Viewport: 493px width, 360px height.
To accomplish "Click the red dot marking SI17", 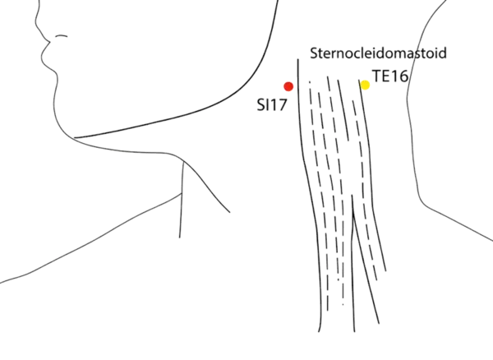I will point(288,85).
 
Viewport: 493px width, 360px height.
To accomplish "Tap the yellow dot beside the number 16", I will point(366,84).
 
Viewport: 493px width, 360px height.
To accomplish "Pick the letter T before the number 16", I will point(376,76).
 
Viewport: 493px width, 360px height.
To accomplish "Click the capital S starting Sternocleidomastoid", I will point(316,53).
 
